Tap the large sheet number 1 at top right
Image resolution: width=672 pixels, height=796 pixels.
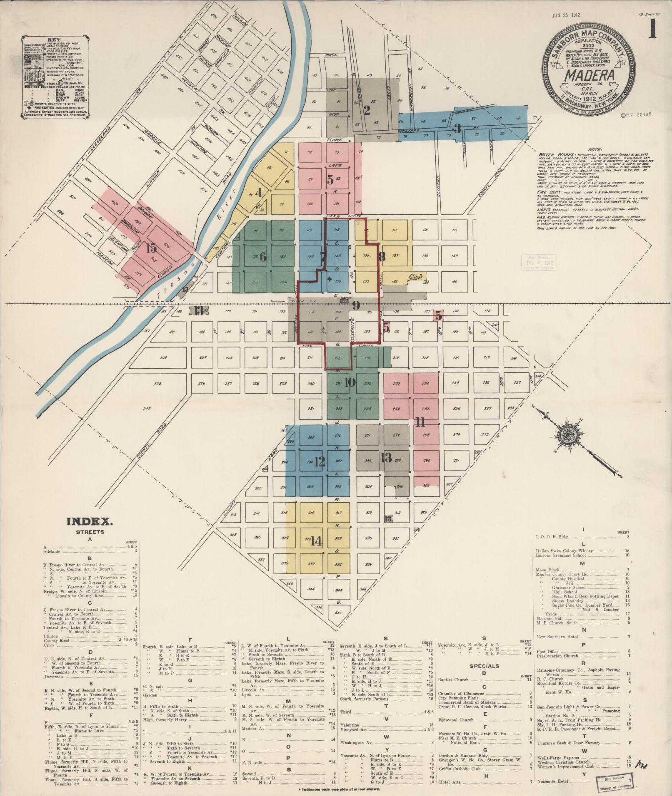(652, 29)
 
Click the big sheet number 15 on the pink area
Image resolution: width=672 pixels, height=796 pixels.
(151, 248)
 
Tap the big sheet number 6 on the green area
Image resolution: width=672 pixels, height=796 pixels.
(263, 257)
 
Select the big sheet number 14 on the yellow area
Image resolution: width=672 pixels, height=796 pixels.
(316, 541)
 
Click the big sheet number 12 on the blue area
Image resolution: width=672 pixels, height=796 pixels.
(319, 461)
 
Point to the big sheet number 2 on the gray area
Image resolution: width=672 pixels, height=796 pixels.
(367, 111)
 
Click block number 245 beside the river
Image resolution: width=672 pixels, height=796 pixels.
(146, 408)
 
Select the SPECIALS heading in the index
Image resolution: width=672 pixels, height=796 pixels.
(484, 666)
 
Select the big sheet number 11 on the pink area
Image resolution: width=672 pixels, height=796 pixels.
(420, 423)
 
